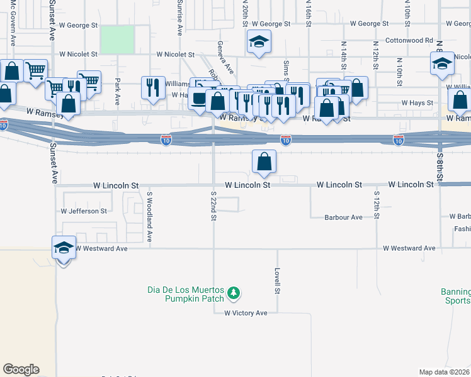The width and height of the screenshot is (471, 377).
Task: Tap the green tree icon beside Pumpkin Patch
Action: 234,293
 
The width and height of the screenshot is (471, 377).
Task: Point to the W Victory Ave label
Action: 241,313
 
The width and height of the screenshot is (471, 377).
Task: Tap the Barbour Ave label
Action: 343,217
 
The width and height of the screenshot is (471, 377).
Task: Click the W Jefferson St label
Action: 84,211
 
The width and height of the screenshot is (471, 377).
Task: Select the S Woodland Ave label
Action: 150,217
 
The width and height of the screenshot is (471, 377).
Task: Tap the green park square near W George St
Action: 117,39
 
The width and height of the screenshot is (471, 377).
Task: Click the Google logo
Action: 21,369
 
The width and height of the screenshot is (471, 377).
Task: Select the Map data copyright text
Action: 445,372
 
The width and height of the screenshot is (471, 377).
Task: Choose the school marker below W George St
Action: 257,42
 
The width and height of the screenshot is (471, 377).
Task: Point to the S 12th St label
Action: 377,205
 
